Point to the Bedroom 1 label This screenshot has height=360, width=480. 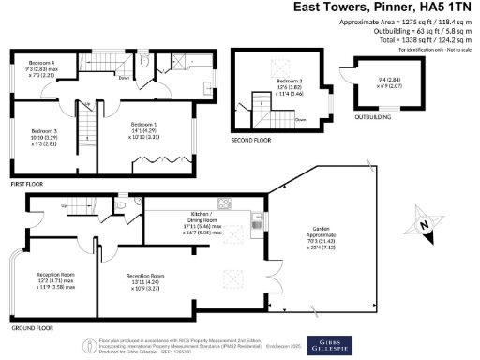(144, 124)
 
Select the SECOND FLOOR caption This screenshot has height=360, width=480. (252, 140)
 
